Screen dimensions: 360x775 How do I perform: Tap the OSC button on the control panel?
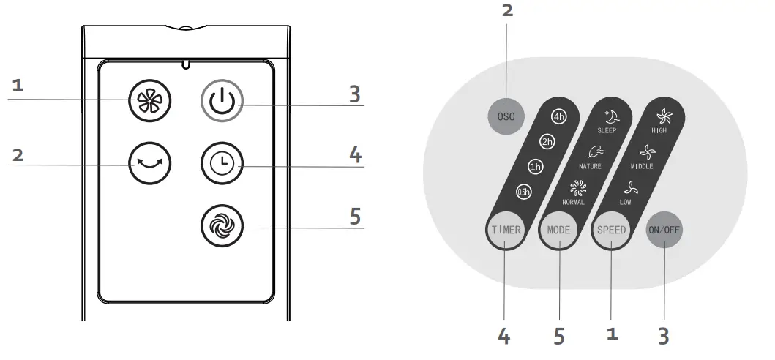coord(506,116)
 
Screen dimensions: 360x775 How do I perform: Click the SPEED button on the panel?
coord(611,230)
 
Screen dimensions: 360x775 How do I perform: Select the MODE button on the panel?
coord(558,230)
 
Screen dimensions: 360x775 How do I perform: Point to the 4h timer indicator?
coord(560,117)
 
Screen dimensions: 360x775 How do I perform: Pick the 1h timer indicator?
coord(536,167)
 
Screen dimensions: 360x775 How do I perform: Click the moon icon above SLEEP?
coord(609,117)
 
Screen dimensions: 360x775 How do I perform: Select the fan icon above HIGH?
coord(663,116)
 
